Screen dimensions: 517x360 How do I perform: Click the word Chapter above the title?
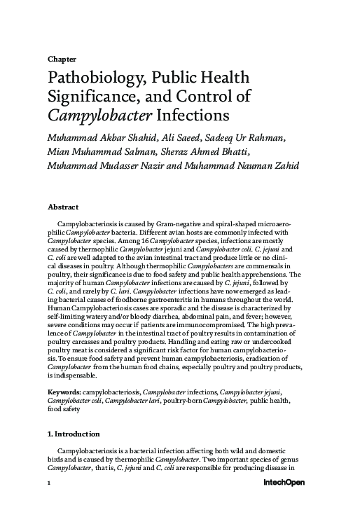pos(62,59)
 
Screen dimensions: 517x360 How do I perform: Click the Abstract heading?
pos(62,207)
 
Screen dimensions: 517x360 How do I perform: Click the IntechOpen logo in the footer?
pos(284,483)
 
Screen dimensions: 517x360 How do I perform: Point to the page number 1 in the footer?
pos(48,483)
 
